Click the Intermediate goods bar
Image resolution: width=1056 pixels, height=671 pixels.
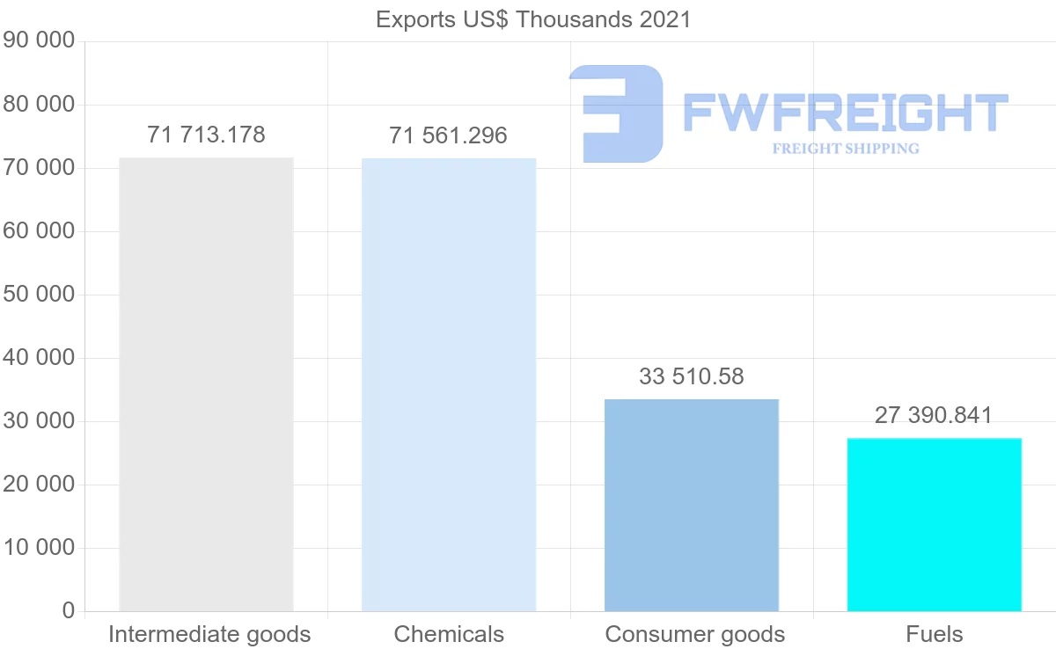tap(206, 384)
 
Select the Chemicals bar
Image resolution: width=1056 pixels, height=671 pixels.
tap(449, 384)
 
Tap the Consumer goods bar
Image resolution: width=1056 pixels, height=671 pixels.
tap(692, 505)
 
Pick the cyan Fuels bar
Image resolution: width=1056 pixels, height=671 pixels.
tap(935, 524)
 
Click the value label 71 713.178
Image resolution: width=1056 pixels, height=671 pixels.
tap(206, 135)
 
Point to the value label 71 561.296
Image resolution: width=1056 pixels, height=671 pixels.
tap(449, 135)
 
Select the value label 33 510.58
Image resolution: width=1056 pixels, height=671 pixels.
tap(692, 376)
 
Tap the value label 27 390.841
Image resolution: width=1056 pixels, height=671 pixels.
tap(934, 415)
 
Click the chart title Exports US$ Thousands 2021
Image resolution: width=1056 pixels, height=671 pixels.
tap(533, 19)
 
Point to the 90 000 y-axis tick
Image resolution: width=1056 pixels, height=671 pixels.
tap(39, 41)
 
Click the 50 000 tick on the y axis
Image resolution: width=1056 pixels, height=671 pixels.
tap(39, 295)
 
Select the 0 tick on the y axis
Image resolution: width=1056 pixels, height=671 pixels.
tap(69, 611)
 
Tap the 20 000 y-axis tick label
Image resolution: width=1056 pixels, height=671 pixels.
tap(39, 485)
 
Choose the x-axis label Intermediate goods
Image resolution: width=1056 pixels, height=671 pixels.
tap(209, 634)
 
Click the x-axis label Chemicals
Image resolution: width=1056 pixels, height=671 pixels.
tap(449, 634)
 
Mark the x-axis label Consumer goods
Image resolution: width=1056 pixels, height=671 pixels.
tap(695, 634)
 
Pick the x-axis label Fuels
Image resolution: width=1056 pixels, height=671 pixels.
tap(935, 634)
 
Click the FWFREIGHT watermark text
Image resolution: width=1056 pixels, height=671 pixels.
tap(845, 113)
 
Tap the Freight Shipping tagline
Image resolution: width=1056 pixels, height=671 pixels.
tap(846, 149)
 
